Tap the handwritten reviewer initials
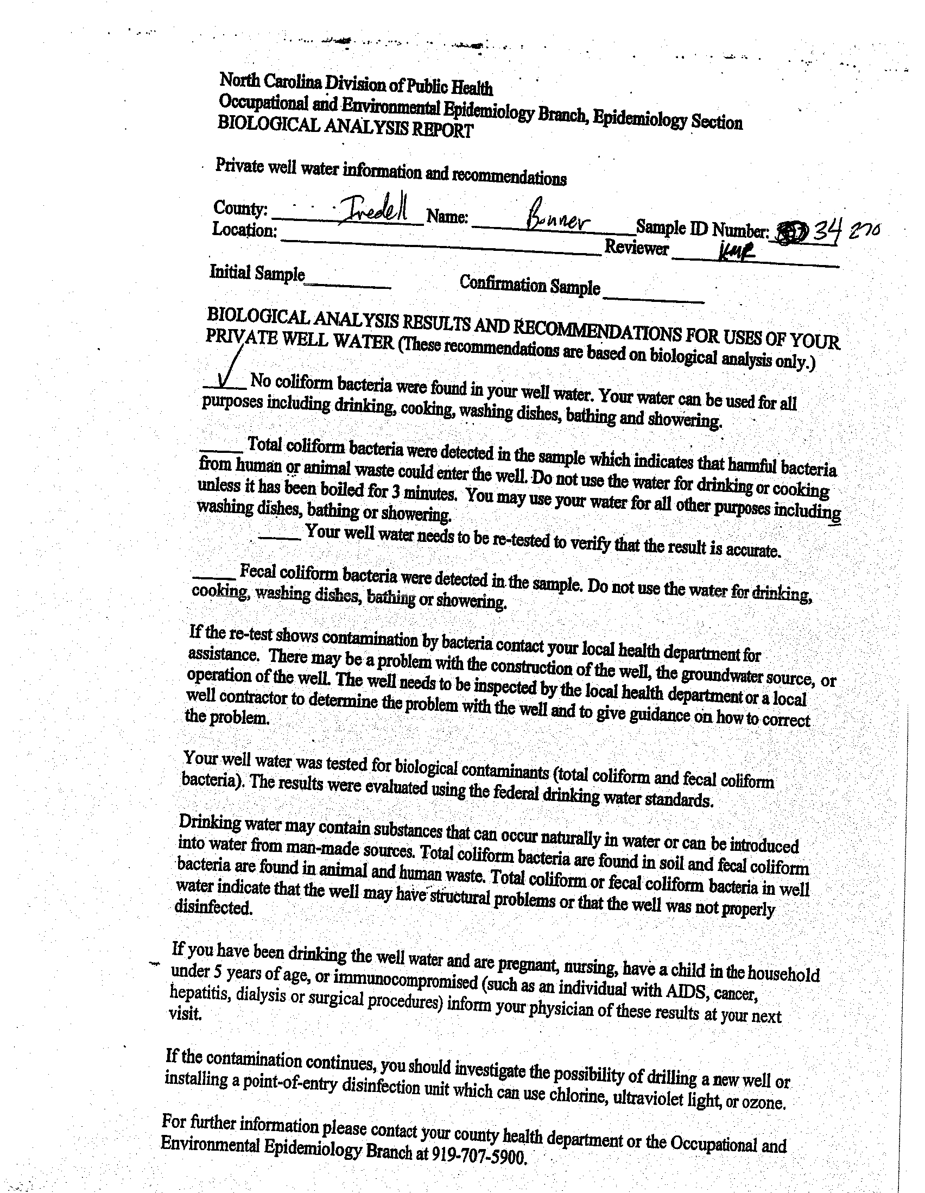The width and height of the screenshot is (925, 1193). point(732,252)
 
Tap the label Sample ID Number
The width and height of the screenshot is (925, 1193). point(703,229)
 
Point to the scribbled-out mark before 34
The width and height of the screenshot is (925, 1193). point(792,233)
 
